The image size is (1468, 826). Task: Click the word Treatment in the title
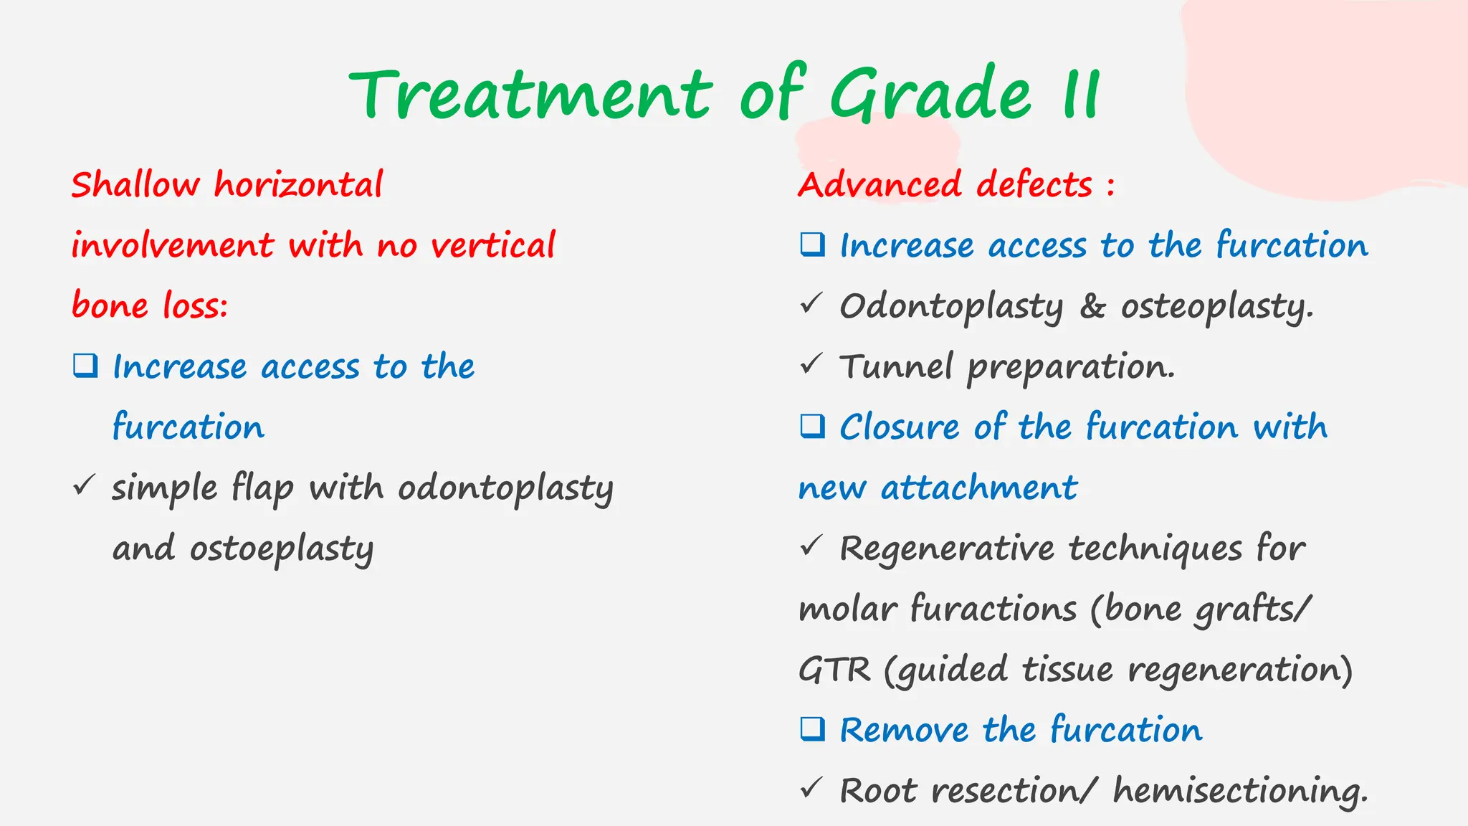530,95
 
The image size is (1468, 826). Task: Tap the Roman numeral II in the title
1081,95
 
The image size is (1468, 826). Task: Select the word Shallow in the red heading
135,185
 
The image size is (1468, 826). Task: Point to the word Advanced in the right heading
879,185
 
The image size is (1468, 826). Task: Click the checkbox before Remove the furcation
813,729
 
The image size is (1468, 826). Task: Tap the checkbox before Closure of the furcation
813,426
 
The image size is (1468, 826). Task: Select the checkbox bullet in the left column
85,366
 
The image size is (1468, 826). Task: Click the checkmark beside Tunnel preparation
811,364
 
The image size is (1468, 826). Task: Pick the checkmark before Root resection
811,789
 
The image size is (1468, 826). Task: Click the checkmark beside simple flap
84,485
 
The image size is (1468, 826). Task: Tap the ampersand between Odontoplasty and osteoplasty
1092,307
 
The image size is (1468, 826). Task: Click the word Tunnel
896,367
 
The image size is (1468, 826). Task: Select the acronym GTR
834,670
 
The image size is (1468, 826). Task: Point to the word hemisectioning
1240,792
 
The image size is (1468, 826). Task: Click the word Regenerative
946,549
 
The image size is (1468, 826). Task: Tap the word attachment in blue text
978,488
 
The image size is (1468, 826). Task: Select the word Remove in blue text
903,731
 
